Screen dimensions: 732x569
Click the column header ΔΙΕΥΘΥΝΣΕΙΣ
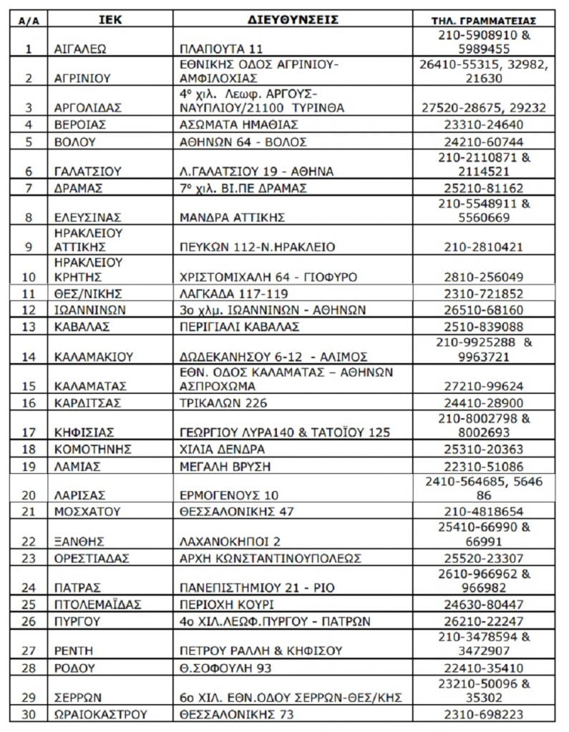point(294,19)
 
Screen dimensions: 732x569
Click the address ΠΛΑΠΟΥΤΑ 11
point(222,49)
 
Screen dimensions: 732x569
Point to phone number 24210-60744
point(484,141)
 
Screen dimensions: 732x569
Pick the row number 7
point(29,188)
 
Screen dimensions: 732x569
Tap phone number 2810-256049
point(484,277)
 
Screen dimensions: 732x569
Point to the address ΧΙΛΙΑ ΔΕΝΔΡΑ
point(222,449)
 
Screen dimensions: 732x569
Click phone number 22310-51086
point(484,466)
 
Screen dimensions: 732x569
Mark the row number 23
point(29,558)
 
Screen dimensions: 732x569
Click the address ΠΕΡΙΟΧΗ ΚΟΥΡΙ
point(225,604)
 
